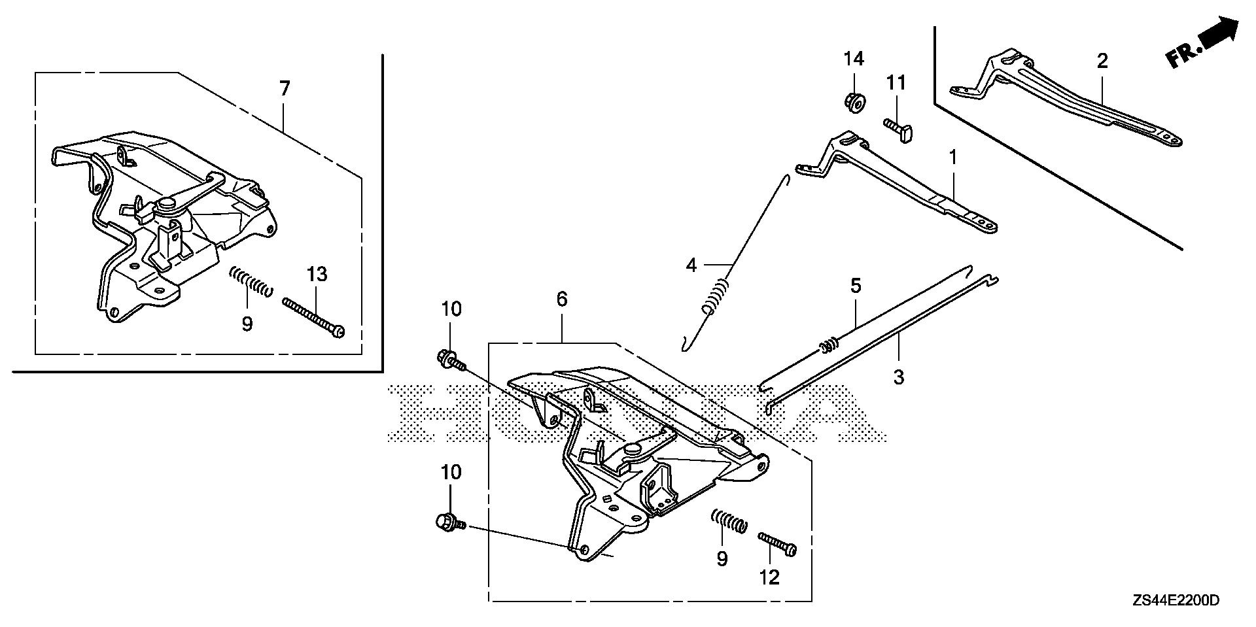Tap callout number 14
pyautogui.click(x=853, y=59)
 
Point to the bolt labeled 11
pyautogui.click(x=898, y=126)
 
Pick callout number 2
pyautogui.click(x=1102, y=61)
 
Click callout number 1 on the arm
pyautogui.click(x=953, y=158)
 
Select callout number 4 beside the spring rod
pyautogui.click(x=691, y=265)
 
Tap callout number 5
pyautogui.click(x=856, y=286)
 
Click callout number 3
pyautogui.click(x=898, y=377)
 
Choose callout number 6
pyautogui.click(x=561, y=299)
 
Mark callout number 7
pyautogui.click(x=284, y=89)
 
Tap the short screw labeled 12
pyautogui.click(x=777, y=544)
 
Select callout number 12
pyautogui.click(x=770, y=577)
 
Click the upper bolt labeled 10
pyautogui.click(x=451, y=360)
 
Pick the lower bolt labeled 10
pyautogui.click(x=450, y=522)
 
